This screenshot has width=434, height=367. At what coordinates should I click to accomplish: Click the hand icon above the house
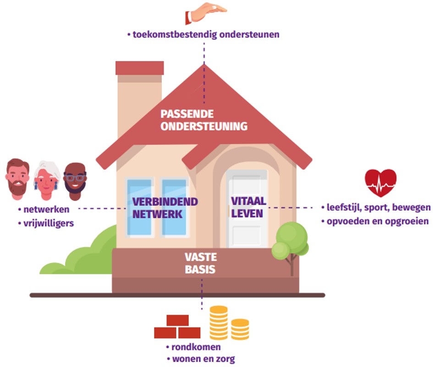(206, 12)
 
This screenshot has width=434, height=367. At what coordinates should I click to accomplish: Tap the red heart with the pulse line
(380, 183)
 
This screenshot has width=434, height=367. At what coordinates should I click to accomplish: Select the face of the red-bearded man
(17, 179)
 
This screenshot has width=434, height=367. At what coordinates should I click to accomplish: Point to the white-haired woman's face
(46, 181)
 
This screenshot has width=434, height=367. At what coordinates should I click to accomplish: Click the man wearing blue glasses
(75, 181)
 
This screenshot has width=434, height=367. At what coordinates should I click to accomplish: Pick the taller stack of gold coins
(219, 323)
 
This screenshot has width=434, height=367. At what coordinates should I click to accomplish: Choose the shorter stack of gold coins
(240, 329)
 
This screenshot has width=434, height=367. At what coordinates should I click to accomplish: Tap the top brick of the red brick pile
(177, 321)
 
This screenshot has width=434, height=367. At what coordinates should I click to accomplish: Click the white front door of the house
(247, 209)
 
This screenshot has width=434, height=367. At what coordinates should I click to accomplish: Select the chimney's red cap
(139, 68)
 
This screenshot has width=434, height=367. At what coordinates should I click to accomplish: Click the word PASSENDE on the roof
(187, 114)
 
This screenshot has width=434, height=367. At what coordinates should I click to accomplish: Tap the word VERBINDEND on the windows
(165, 202)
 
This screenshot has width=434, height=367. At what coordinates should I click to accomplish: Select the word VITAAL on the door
(248, 201)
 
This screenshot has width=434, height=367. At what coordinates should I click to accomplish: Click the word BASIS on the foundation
(200, 269)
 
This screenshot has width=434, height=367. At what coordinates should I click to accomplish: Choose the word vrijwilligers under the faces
(49, 223)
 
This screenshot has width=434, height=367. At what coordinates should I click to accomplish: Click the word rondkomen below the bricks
(196, 347)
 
